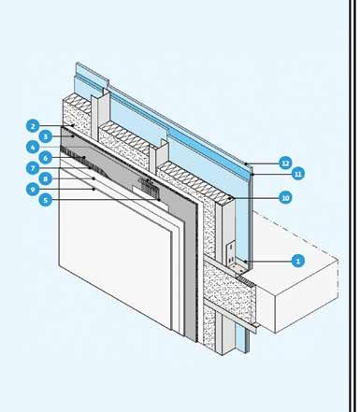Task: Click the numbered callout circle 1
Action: point(297,261)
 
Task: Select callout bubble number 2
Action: point(33,126)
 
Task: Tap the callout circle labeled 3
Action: point(46,136)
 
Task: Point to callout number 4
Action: point(33,147)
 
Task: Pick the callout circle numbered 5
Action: point(46,200)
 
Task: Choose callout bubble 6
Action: point(46,158)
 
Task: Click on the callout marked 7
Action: point(33,168)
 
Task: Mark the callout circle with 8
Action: point(46,178)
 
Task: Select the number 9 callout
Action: point(33,189)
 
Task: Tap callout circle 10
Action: point(285,197)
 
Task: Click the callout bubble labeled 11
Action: point(297,174)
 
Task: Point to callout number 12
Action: point(285,163)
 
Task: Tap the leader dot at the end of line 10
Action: point(230,198)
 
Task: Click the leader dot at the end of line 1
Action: point(246,261)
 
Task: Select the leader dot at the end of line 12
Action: point(246,163)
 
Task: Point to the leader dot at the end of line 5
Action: point(159,200)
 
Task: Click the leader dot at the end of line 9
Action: point(94,189)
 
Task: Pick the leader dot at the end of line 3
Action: point(73,136)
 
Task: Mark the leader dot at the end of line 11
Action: point(252,175)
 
